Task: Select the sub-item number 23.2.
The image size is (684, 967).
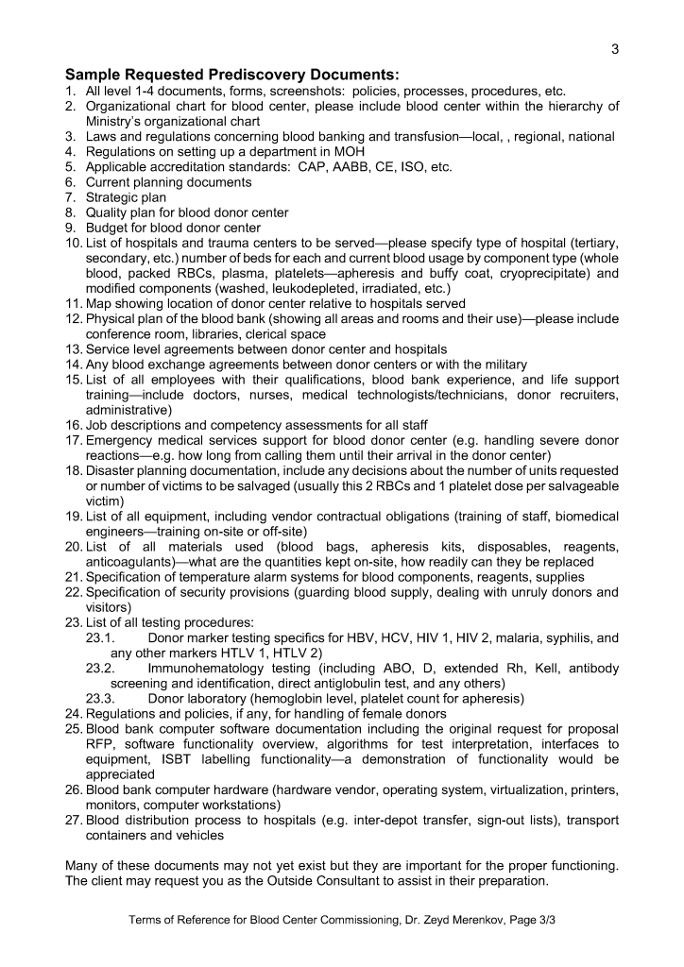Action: tap(99, 668)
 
